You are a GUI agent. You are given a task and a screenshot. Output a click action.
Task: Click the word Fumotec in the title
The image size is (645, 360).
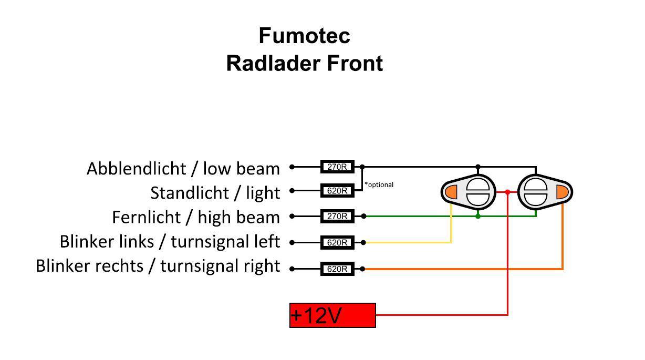point(304,36)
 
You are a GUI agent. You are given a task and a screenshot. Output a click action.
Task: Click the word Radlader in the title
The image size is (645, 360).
point(274,64)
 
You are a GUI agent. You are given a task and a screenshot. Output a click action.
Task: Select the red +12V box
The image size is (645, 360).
point(332,315)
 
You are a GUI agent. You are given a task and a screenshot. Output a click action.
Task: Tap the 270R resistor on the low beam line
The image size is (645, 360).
point(337,167)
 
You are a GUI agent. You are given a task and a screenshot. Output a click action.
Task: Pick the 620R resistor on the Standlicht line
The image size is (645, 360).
point(337,191)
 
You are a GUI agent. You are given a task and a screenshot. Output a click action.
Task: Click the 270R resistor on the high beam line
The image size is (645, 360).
point(337,216)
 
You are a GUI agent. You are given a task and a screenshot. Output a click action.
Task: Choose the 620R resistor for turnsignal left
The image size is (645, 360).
point(337,243)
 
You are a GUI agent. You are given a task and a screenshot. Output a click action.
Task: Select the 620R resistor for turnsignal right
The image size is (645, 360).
point(337,269)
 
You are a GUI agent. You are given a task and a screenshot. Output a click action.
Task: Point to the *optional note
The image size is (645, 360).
point(379,184)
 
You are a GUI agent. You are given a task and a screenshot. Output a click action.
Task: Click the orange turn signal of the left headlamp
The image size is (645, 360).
point(451,192)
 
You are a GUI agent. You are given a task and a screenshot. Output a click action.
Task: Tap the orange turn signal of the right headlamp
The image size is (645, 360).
point(563,192)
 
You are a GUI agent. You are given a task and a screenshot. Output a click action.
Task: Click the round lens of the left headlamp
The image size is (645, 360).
point(477,192)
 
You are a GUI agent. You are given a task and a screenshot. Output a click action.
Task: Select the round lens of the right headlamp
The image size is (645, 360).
point(536,192)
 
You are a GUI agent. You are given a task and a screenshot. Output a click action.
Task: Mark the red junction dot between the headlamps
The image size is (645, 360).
point(507,192)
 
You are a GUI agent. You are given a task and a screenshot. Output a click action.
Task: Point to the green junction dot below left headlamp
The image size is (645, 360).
point(477,216)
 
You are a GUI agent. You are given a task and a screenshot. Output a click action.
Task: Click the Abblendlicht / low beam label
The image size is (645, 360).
point(183,169)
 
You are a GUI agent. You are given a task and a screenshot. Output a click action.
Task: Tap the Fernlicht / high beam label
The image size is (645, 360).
point(196,217)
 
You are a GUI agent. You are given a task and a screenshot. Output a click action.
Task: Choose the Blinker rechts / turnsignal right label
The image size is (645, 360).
point(158,266)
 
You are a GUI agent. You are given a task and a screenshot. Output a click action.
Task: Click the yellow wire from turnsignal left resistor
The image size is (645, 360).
point(410,242)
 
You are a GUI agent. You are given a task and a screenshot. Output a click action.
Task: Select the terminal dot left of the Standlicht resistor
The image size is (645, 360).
point(293,191)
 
